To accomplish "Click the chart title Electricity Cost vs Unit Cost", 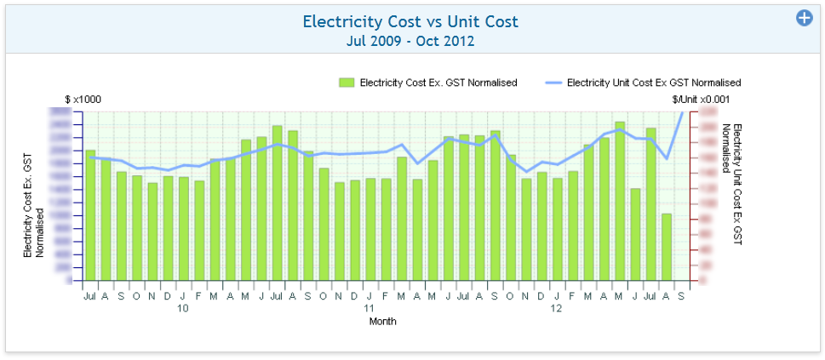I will [410, 21].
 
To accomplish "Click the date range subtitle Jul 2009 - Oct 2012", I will [410, 40].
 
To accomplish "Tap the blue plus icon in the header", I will [804, 18].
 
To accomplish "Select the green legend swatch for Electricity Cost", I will [346, 83].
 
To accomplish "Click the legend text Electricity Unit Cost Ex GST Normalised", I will [654, 83].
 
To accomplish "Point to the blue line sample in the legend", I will [553, 83].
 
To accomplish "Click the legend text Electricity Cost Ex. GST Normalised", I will [438, 83].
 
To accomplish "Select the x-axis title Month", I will [382, 322].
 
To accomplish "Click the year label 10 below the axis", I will [183, 309].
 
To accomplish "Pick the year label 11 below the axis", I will [370, 309].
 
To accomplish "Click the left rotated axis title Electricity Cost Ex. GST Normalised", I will [34, 205].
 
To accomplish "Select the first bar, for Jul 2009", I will [90, 215].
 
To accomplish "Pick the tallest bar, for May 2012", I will [620, 201].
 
